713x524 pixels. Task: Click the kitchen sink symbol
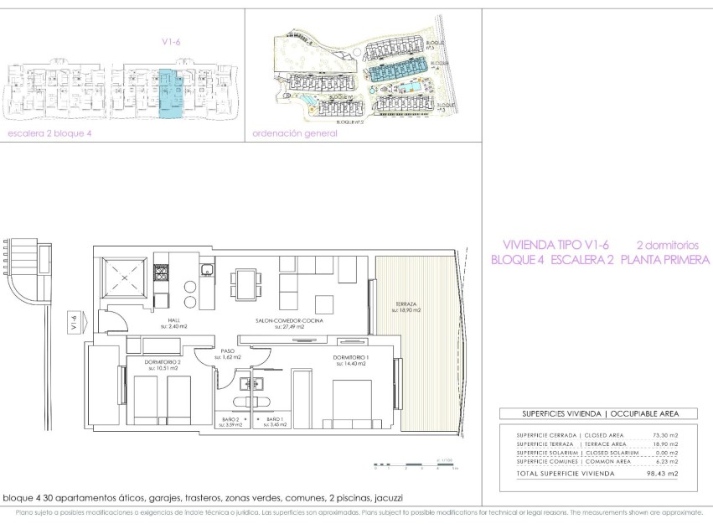tap(205, 269)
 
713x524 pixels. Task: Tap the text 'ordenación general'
tap(290, 132)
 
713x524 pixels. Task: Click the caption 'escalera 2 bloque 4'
tap(48, 132)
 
